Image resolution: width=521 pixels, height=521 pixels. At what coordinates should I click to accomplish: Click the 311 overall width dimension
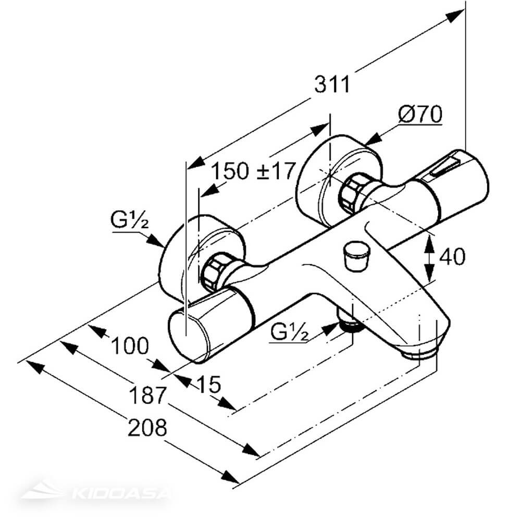[x=332, y=84]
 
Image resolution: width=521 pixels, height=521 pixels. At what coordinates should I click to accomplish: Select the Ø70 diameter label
[x=420, y=114]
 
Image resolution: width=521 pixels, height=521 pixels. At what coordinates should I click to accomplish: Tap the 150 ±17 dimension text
[x=254, y=170]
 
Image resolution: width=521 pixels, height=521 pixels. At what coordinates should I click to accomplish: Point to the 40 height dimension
[x=451, y=256]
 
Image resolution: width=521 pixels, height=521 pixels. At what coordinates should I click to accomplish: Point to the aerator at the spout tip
[x=420, y=354]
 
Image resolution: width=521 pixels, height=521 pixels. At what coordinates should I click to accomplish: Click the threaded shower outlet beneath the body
[x=351, y=324]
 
